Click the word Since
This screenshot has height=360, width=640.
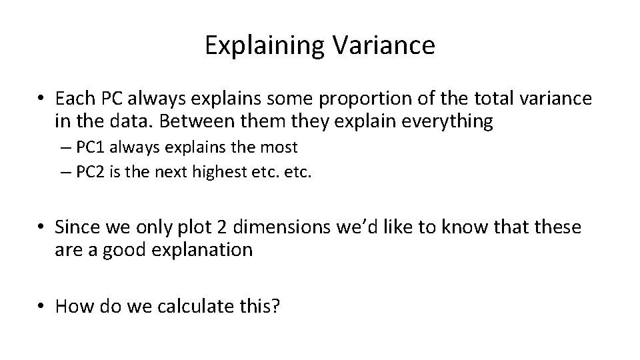coord(79,227)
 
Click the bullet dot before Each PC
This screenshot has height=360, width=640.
coord(42,99)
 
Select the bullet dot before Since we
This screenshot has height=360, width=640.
coord(42,227)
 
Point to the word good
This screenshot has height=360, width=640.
coord(119,249)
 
